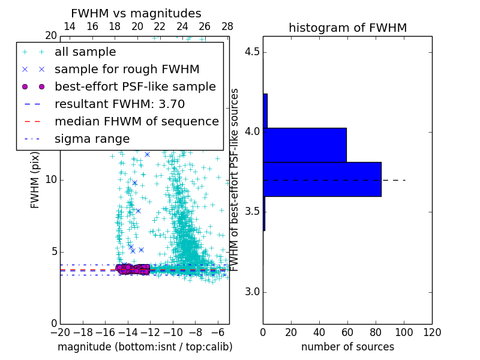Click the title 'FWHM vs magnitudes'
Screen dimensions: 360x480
pos(136,13)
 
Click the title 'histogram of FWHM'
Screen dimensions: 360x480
pos(347,28)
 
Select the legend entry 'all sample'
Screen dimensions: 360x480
pos(85,52)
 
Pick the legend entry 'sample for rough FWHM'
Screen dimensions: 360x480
pos(127,69)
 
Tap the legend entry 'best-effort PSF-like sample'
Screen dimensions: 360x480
pos(135,86)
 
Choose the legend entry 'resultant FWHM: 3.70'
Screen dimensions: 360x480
pos(119,104)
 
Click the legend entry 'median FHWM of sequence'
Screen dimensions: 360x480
pos(136,121)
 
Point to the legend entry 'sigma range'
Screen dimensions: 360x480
pos(92,139)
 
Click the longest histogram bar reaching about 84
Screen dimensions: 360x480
pos(322,179)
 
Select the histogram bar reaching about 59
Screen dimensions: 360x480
pos(305,145)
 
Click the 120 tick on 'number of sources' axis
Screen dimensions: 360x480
pos(431,332)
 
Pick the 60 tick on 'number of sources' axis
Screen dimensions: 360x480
pos(347,332)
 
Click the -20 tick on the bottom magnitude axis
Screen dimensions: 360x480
pos(60,332)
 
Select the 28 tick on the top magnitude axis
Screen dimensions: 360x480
pos(227,26)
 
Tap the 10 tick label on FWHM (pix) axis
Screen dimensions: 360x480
pos(50,180)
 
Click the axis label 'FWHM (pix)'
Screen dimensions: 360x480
pos(35,180)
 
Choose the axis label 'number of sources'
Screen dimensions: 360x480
pos(347,347)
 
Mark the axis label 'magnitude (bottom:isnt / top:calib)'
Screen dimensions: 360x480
pos(145,347)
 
